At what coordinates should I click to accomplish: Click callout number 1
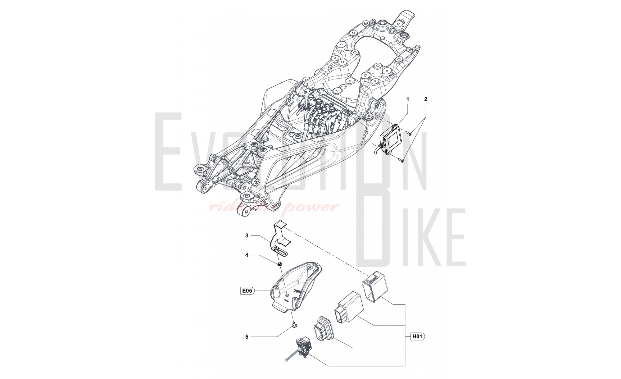[x=408, y=99]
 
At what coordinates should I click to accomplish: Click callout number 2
[x=426, y=99]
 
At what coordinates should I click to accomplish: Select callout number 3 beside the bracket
[x=247, y=235]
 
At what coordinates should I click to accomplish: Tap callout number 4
[x=247, y=255]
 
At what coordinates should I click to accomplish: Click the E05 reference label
[x=247, y=291]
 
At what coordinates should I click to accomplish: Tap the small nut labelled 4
[x=280, y=264]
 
